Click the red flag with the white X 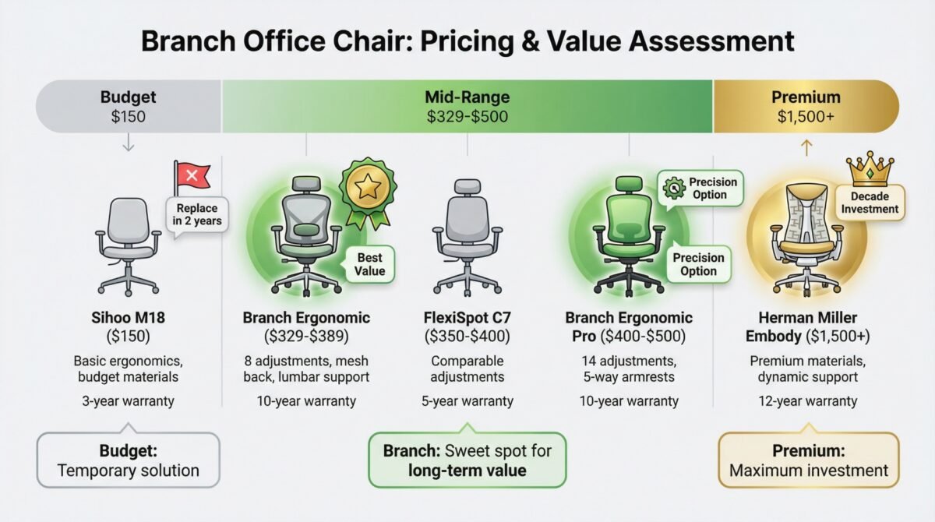click(192, 177)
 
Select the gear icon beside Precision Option click(674, 189)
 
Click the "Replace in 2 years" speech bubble click(197, 214)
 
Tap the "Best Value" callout click(369, 264)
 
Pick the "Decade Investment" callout click(870, 203)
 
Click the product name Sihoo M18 click(128, 318)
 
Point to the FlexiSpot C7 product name click(467, 318)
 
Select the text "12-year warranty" click(808, 401)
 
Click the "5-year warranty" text click(467, 401)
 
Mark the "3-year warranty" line click(128, 401)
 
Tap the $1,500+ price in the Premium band click(806, 116)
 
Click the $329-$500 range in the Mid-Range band click(467, 116)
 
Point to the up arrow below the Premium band click(806, 148)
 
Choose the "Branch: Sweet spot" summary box click(467, 460)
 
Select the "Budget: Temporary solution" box click(128, 460)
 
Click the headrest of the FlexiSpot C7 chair click(467, 186)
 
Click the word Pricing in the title click(467, 42)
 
